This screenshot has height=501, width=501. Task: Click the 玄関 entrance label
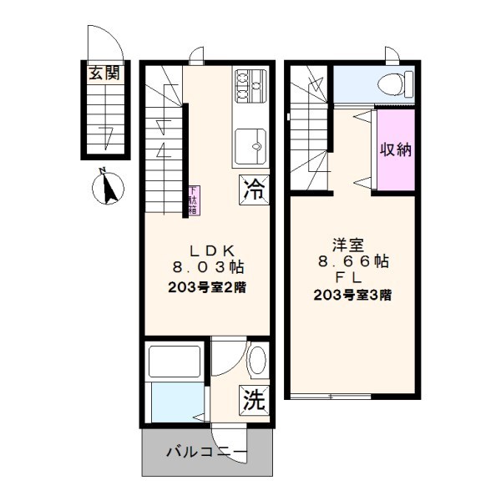(104, 73)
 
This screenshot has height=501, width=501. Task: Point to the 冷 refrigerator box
(254, 190)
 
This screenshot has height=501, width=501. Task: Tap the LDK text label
(208, 250)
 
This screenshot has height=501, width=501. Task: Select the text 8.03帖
(208, 267)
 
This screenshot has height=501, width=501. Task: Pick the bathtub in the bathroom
(173, 361)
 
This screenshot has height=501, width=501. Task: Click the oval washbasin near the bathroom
(256, 361)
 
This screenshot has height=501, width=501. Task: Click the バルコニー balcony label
(206, 452)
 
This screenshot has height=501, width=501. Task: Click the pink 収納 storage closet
(397, 150)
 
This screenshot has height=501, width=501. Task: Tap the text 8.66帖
(351, 261)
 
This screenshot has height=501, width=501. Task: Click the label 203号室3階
(352, 295)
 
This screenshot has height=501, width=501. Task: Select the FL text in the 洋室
(351, 277)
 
